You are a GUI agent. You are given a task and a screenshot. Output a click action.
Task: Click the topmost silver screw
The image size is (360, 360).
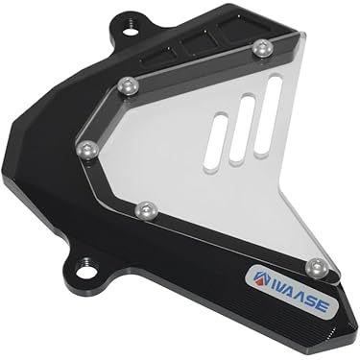(263, 48)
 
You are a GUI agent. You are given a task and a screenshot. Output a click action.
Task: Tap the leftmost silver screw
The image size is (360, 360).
(87, 149)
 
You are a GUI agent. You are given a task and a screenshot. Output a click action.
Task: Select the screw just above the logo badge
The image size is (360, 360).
(317, 268)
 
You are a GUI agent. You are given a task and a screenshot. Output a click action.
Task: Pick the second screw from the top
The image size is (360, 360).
(128, 86)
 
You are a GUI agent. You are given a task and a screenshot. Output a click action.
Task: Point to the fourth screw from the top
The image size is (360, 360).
(146, 211)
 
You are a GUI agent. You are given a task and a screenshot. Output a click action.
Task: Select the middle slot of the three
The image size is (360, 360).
(242, 127)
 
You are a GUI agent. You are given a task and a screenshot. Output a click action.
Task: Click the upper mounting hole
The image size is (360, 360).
(131, 31)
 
